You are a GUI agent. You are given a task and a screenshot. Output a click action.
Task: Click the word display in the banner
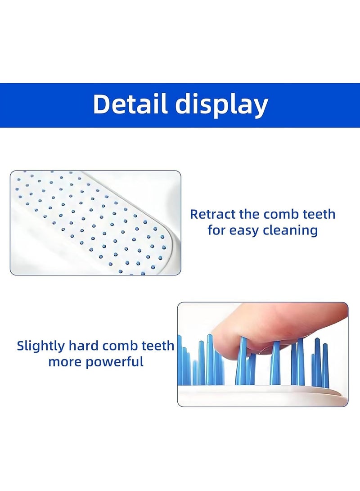221,105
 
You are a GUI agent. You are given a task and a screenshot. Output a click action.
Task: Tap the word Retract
212,214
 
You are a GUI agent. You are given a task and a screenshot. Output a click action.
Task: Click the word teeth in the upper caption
319,214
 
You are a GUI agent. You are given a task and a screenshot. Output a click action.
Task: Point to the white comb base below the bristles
262,395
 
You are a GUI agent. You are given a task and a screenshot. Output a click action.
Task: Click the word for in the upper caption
216,230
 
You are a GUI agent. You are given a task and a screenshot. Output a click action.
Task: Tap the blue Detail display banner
180,105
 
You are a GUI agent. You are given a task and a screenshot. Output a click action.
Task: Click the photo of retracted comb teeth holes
95,223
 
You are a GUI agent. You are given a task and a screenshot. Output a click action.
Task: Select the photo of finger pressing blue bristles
263,355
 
